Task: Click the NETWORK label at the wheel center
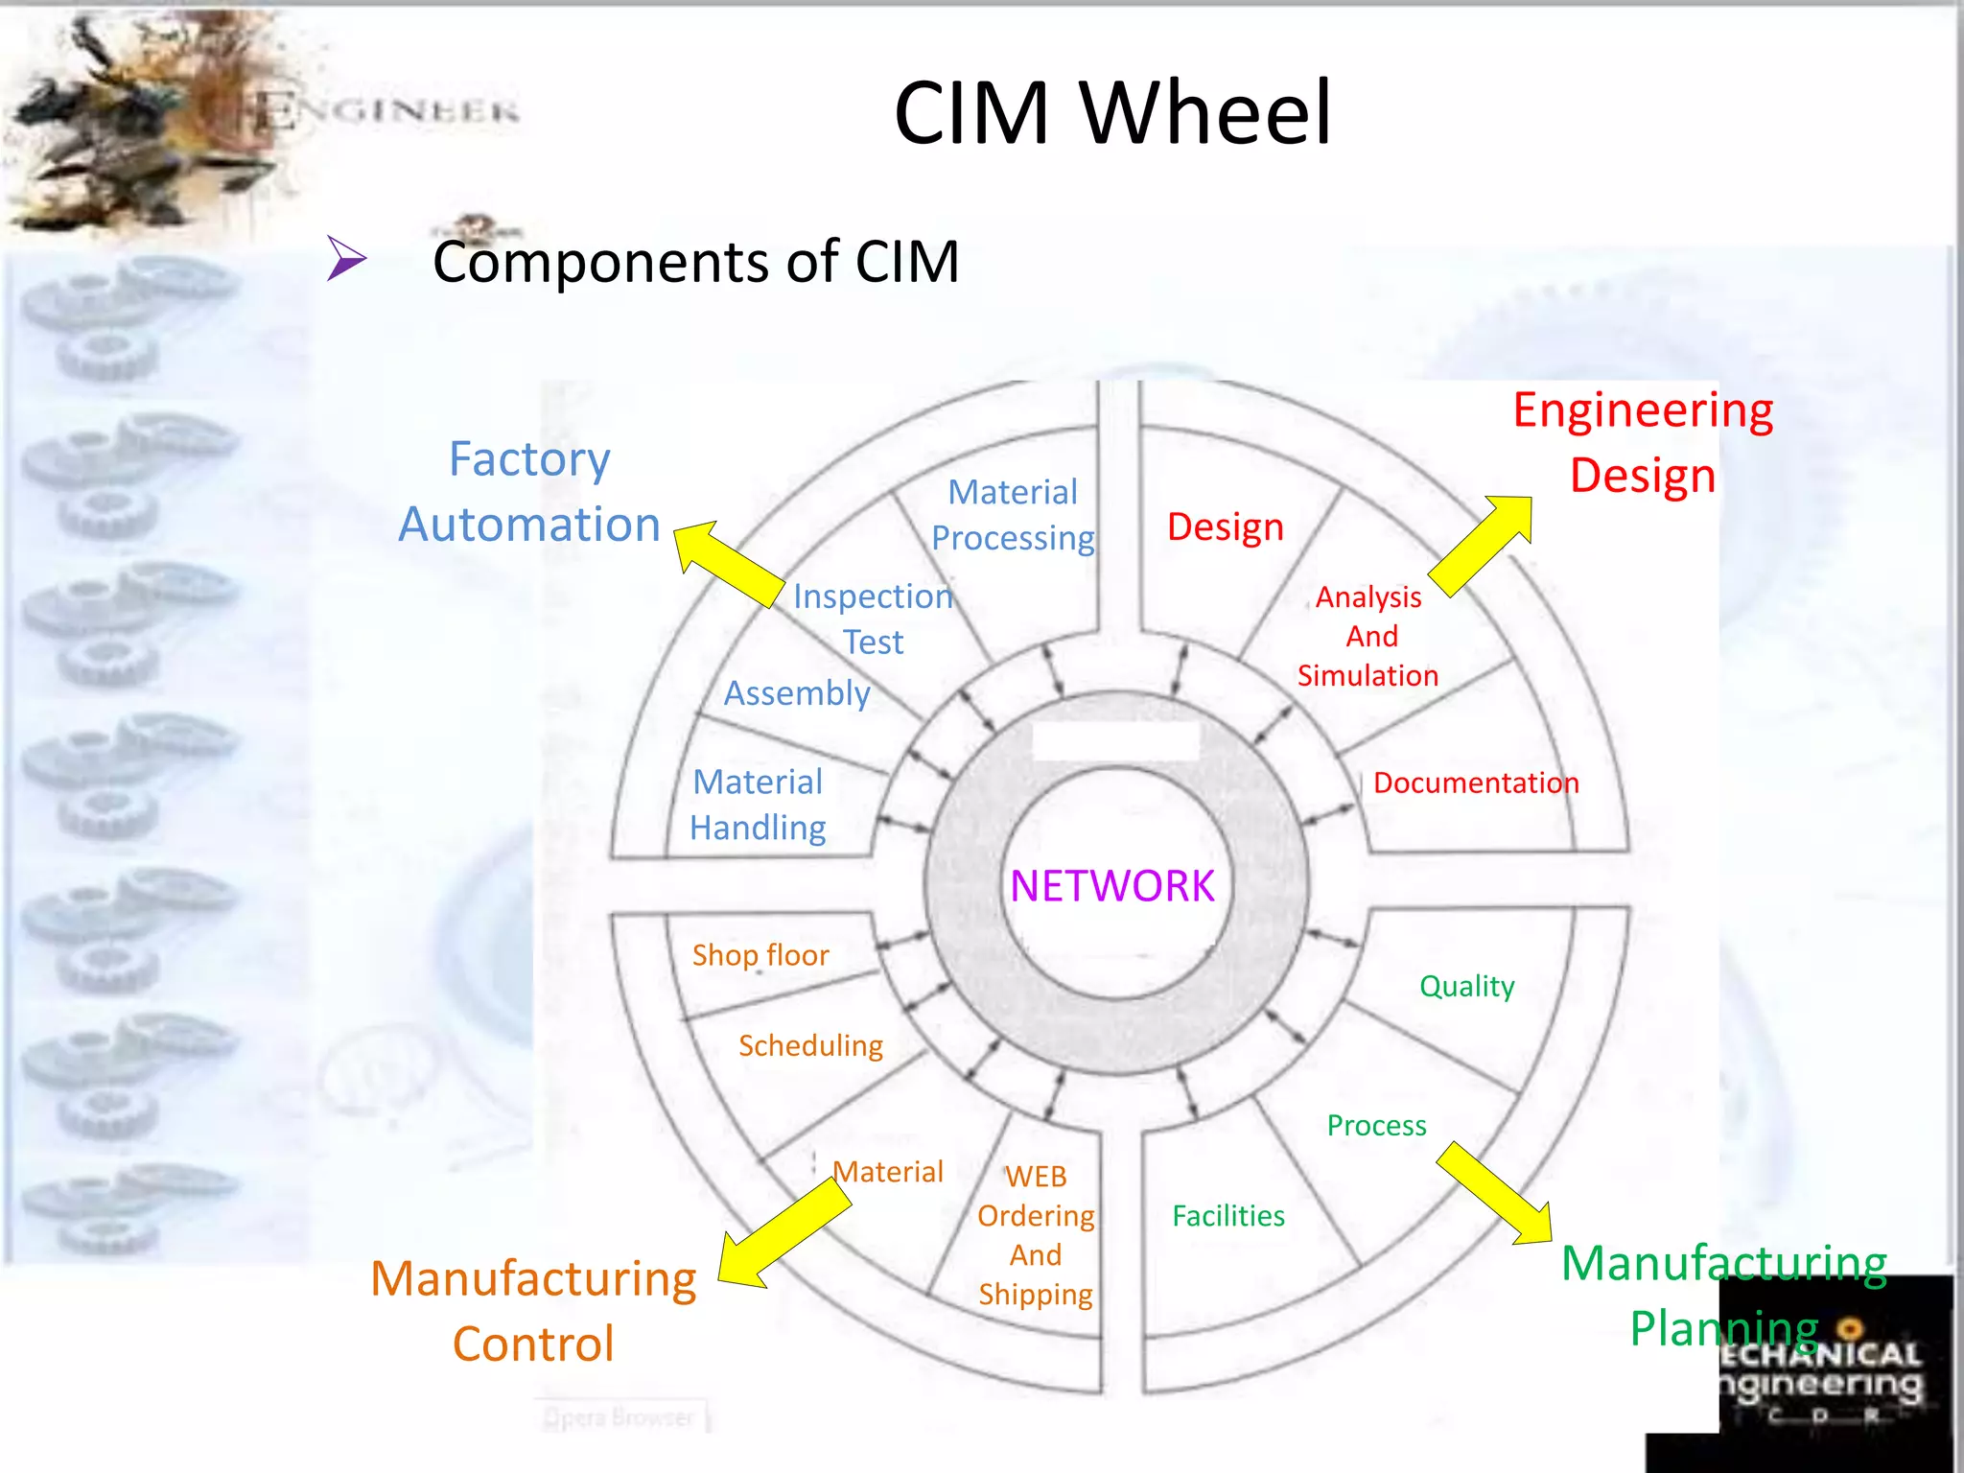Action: [x=1111, y=886]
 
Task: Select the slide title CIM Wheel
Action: [x=1112, y=113]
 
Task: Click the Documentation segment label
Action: [x=1475, y=783]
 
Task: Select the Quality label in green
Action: [x=1466, y=986]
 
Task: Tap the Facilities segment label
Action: [x=1227, y=1216]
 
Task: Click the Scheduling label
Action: [x=810, y=1045]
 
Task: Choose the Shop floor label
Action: [x=760, y=955]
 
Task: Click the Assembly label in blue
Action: [x=796, y=693]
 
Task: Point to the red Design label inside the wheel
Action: [x=1225, y=527]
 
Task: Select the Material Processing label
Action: [x=1013, y=515]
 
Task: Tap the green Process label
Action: [x=1376, y=1126]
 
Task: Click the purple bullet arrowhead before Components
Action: [x=345, y=258]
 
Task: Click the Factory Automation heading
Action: [x=529, y=492]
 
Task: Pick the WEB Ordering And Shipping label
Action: [x=1036, y=1235]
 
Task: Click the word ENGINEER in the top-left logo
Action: [x=387, y=111]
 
